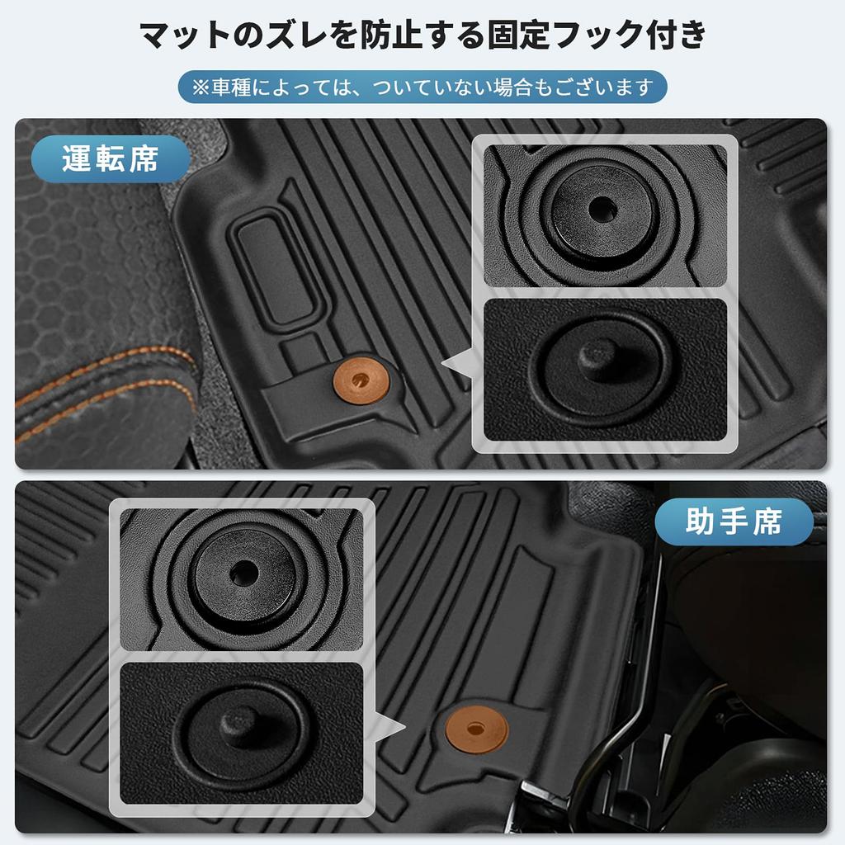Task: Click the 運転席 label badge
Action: point(110,158)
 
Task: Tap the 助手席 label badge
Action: point(734,521)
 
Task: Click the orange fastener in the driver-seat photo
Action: point(361,380)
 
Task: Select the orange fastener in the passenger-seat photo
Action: point(477,729)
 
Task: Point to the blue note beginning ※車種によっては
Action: point(422,87)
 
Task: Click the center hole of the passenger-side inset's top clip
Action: point(243,573)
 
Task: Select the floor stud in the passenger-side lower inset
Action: point(240,725)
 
